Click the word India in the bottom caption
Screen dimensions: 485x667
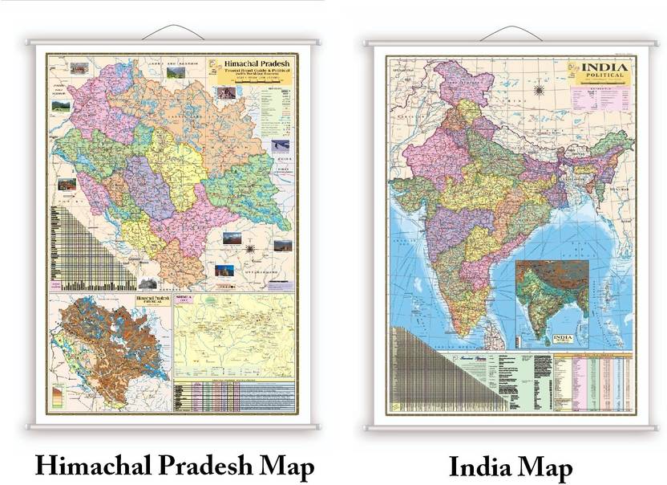click(479, 467)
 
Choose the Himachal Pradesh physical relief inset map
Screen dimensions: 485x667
click(110, 340)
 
